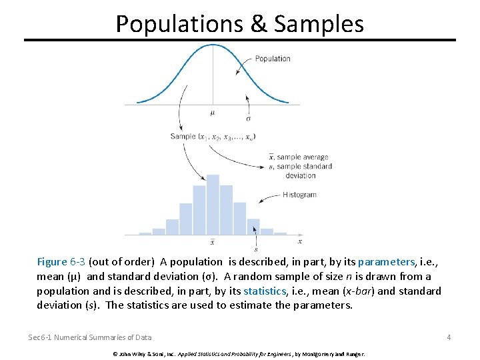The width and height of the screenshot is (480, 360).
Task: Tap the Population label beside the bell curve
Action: pos(273,59)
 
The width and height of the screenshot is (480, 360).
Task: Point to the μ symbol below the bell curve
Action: pos(213,113)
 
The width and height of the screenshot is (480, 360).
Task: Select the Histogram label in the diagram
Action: pos(299,195)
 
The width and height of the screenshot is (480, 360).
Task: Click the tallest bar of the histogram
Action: pos(213,204)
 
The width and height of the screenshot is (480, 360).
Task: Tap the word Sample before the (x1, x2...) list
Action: pos(183,137)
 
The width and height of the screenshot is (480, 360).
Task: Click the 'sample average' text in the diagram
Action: pos(303,158)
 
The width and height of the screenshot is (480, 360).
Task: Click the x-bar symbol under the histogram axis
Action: pos(213,241)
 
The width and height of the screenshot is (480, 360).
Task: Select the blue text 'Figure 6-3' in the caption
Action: pos(61,262)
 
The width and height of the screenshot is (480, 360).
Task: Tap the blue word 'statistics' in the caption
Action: pos(265,291)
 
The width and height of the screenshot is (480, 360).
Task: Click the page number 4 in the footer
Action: pos(449,337)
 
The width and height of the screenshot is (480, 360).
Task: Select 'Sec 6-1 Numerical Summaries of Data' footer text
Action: pos(89,337)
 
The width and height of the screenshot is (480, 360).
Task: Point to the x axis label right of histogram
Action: pos(300,241)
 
